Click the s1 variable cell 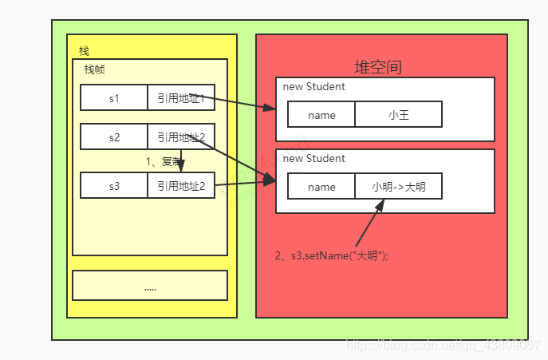pyautogui.click(x=113, y=98)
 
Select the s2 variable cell pyautogui.click(x=113, y=137)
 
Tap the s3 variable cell pyautogui.click(x=113, y=186)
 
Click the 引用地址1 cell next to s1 pyautogui.click(x=180, y=98)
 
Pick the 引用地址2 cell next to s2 pyautogui.click(x=180, y=137)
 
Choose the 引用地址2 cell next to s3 pyautogui.click(x=180, y=186)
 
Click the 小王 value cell pyautogui.click(x=398, y=115)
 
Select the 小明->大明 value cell pyautogui.click(x=398, y=188)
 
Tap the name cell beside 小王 pyautogui.click(x=321, y=115)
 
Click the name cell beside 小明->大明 pyautogui.click(x=321, y=188)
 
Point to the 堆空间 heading pyautogui.click(x=378, y=67)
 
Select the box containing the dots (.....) pyautogui.click(x=150, y=285)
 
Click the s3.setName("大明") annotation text pyautogui.click(x=331, y=256)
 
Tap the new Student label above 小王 pyautogui.click(x=314, y=87)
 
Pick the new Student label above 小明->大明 pyautogui.click(x=314, y=159)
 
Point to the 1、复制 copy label pyautogui.click(x=164, y=161)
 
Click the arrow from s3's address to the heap pyautogui.click(x=243, y=184)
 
